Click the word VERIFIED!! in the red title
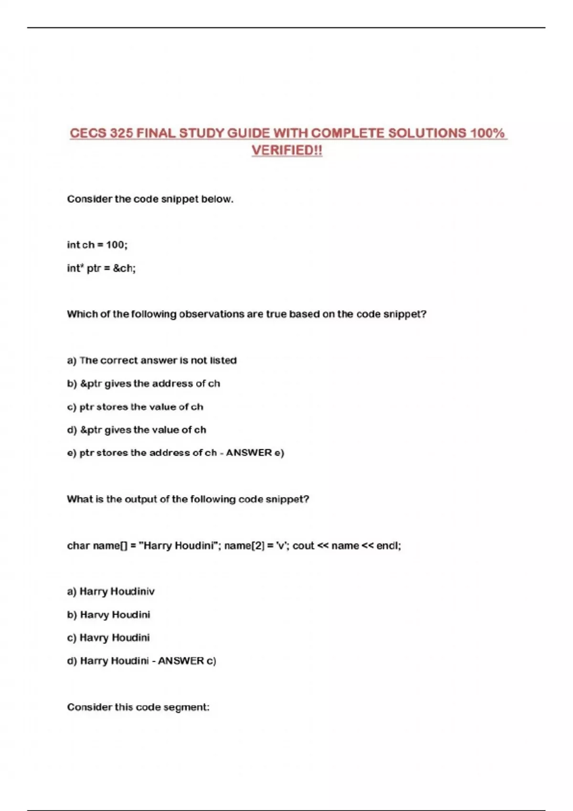point(287,150)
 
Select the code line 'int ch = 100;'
point(97,245)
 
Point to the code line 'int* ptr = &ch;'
point(101,268)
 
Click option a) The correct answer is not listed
point(152,360)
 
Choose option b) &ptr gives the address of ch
point(144,384)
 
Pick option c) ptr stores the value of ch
point(135,407)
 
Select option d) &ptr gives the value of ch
point(137,430)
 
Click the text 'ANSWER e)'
point(255,453)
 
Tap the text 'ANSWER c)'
point(187,661)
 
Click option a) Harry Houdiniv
point(111,592)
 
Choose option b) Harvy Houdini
point(109,614)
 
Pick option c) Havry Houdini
point(108,638)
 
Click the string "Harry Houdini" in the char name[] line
point(178,545)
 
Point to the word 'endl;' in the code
point(388,545)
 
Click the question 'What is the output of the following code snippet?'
point(188,499)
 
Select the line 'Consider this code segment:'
point(138,707)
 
